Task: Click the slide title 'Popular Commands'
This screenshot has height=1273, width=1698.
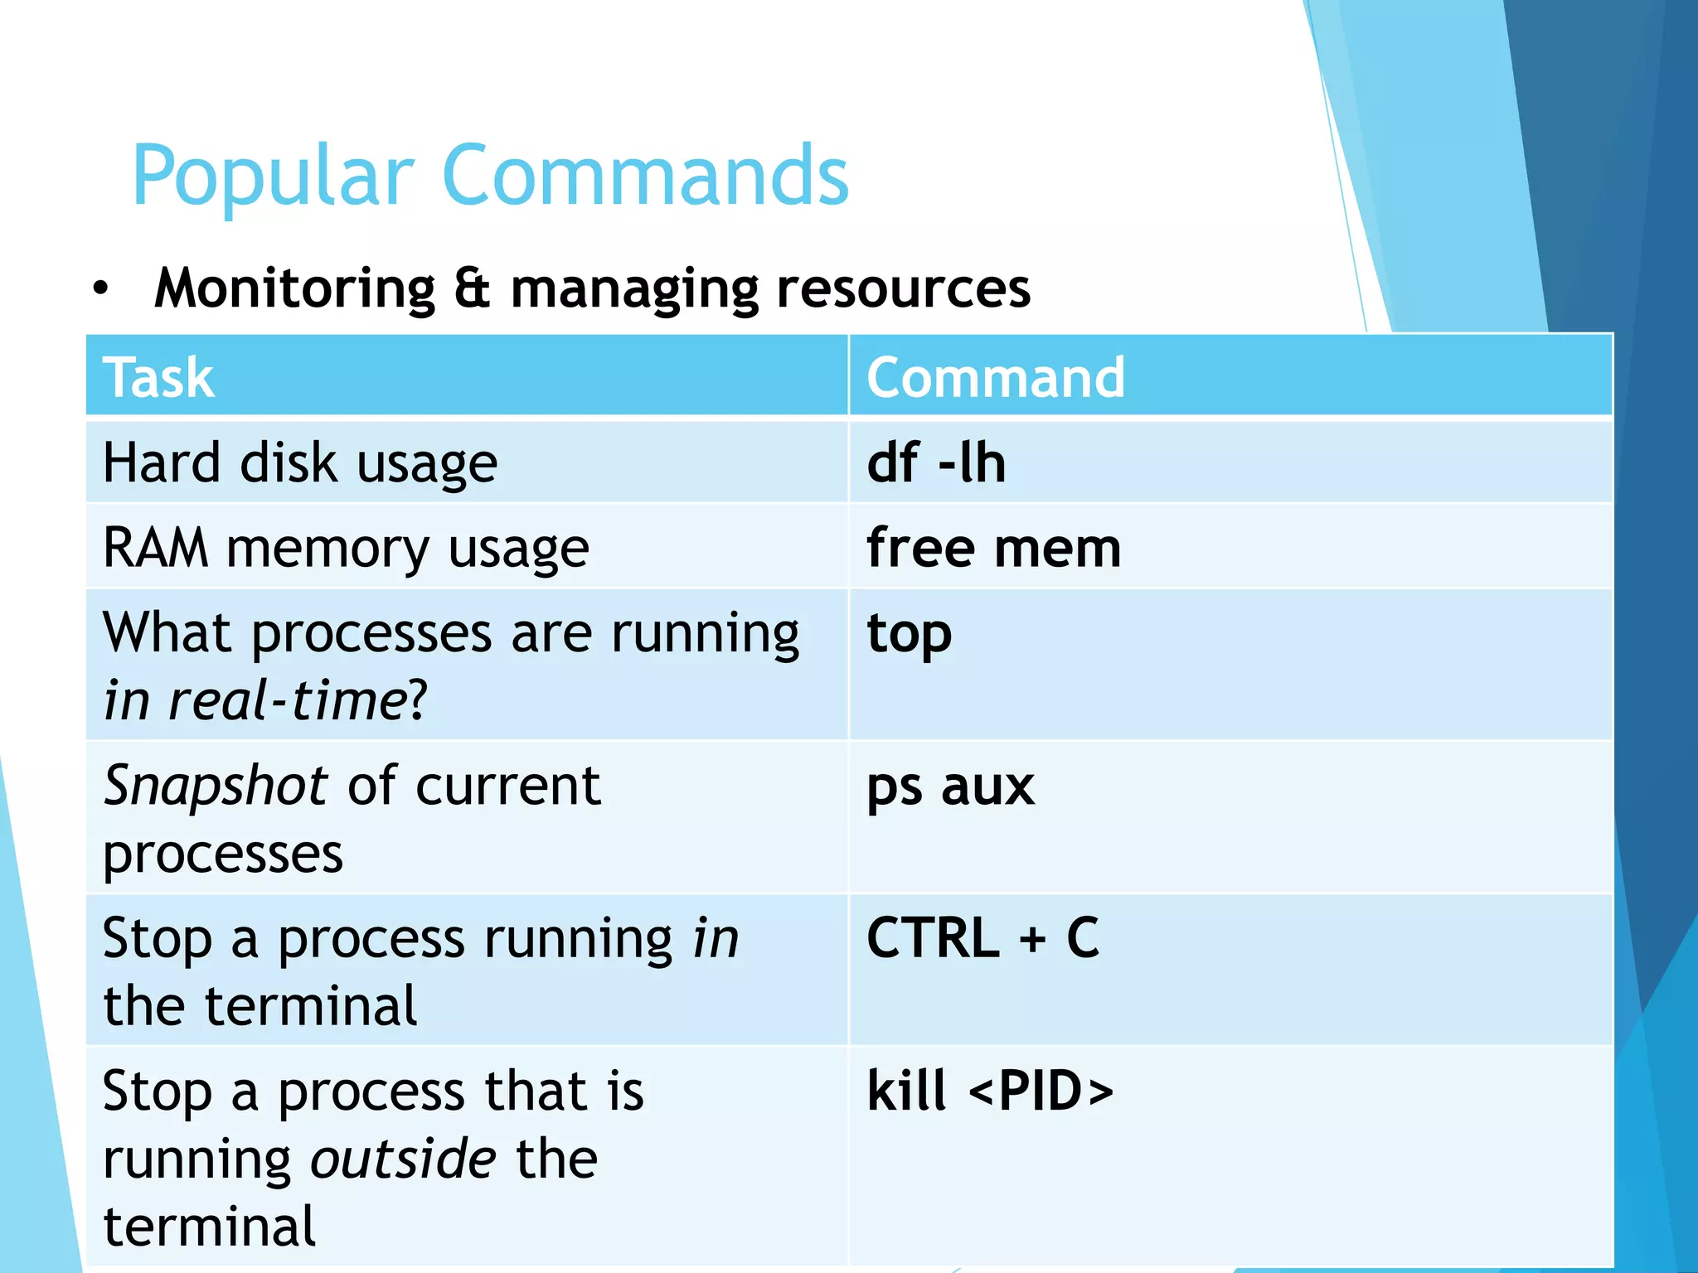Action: [x=490, y=176]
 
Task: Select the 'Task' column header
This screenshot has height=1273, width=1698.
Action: [x=158, y=377]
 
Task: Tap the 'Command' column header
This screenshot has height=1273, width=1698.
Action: [x=995, y=377]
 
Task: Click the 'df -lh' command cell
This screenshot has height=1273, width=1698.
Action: [x=935, y=462]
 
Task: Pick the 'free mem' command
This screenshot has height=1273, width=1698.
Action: [x=993, y=548]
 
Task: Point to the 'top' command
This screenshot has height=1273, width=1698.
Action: [x=909, y=634]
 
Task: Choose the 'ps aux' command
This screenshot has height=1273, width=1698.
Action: [x=950, y=786]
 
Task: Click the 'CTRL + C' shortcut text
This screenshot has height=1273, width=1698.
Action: [x=982, y=938]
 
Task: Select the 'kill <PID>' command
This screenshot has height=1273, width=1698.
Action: [x=990, y=1091]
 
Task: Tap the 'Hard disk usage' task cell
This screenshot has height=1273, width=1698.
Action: [x=300, y=462]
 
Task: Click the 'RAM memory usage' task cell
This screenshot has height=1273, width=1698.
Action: [x=346, y=549]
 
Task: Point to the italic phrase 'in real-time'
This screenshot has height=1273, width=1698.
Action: [x=254, y=701]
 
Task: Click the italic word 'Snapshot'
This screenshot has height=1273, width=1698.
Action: [x=216, y=786]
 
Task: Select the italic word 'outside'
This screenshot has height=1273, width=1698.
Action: [x=403, y=1159]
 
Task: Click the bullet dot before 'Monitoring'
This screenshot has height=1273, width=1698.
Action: [x=100, y=289]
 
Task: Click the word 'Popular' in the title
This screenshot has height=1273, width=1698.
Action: [x=273, y=176]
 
